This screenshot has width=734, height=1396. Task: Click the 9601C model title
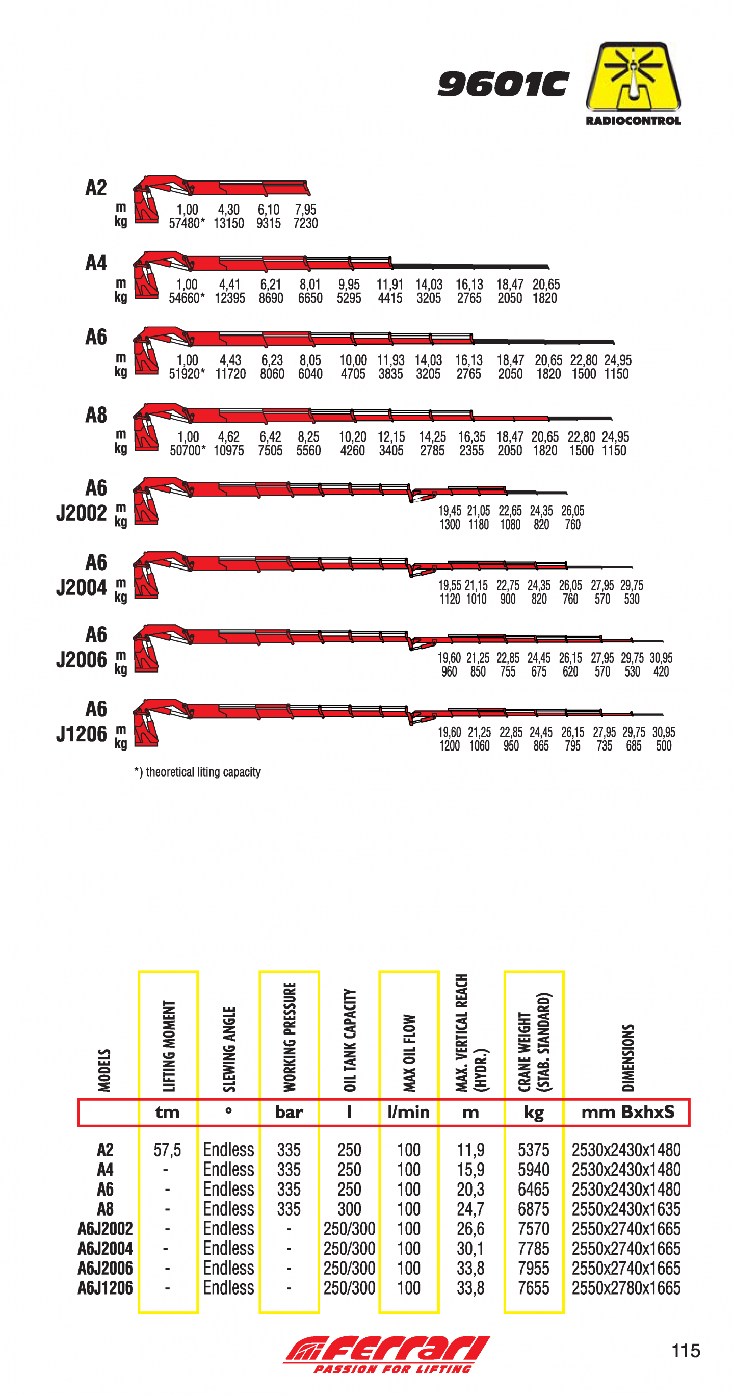click(x=503, y=84)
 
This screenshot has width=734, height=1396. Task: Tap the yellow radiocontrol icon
click(x=633, y=77)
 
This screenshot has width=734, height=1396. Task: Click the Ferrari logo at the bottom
click(x=387, y=1353)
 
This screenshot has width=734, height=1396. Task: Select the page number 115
click(x=685, y=1351)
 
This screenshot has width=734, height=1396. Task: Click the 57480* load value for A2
click(x=187, y=223)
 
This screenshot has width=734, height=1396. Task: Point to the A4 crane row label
click(x=96, y=264)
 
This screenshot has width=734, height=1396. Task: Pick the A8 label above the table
click(x=96, y=415)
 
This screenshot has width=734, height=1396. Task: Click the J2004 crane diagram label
click(x=82, y=587)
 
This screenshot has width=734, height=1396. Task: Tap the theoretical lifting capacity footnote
click(x=198, y=772)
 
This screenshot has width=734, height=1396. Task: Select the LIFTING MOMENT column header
click(x=169, y=1045)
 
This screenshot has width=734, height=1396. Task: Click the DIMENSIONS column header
click(x=627, y=1057)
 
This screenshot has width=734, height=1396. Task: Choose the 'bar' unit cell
click(x=289, y=1112)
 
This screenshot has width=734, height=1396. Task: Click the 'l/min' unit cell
click(x=408, y=1112)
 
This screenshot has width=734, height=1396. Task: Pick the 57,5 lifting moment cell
click(x=167, y=1149)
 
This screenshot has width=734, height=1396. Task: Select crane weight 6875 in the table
click(x=534, y=1208)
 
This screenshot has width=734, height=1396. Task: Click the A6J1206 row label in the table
click(x=105, y=1287)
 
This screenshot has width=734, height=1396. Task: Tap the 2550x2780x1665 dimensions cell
click(x=625, y=1287)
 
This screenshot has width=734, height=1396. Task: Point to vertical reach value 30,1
click(x=470, y=1248)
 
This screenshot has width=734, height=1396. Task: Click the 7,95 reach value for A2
click(x=305, y=210)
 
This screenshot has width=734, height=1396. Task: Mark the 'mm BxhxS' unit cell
click(x=627, y=1112)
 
